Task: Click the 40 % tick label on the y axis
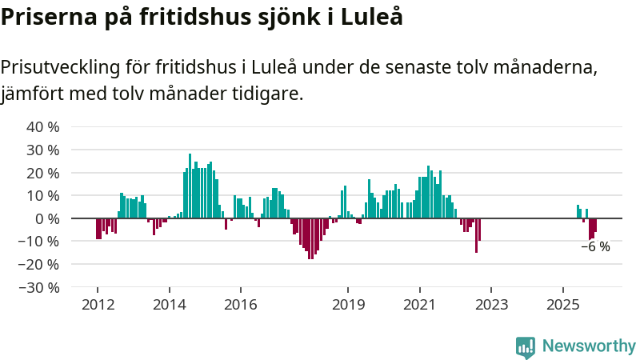coord(43,126)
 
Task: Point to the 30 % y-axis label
coord(43,150)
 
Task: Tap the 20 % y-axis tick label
coord(43,173)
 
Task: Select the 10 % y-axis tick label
coord(43,195)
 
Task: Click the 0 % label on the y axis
coord(47,218)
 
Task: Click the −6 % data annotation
coord(595,247)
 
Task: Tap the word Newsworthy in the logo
coord(589,346)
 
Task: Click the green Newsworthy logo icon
coord(526,346)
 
